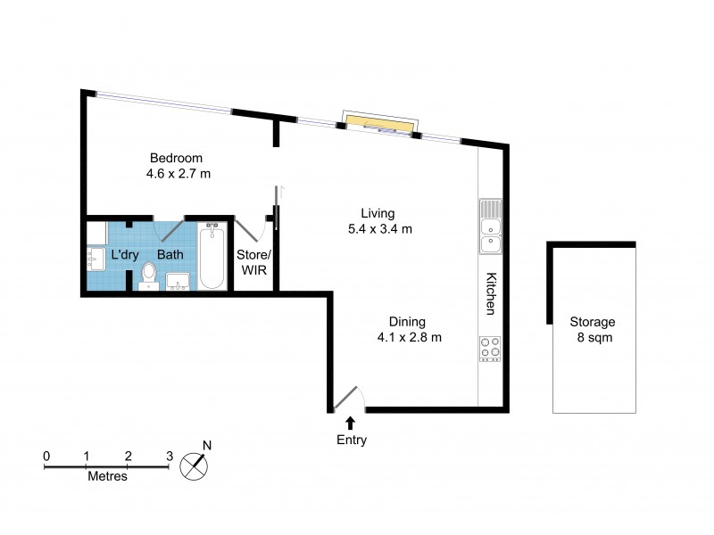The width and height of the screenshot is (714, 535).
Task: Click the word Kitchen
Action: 490,293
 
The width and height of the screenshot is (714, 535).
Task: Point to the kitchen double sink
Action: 490,226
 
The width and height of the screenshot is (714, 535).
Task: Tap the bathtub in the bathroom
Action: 212,258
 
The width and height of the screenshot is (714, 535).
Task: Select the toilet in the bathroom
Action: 148,276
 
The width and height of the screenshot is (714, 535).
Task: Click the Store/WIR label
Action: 253,262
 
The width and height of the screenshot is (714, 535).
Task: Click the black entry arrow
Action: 351,423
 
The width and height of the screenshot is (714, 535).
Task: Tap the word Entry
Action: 351,440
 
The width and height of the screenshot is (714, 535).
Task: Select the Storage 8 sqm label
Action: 594,330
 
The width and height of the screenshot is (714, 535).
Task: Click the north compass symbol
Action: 194,465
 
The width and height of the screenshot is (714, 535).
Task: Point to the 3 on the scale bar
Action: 170,456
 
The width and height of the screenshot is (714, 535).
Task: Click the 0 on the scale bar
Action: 46,456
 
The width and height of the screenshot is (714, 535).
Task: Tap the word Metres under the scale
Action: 107,476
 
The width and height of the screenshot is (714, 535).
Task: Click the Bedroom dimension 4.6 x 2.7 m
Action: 178,173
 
